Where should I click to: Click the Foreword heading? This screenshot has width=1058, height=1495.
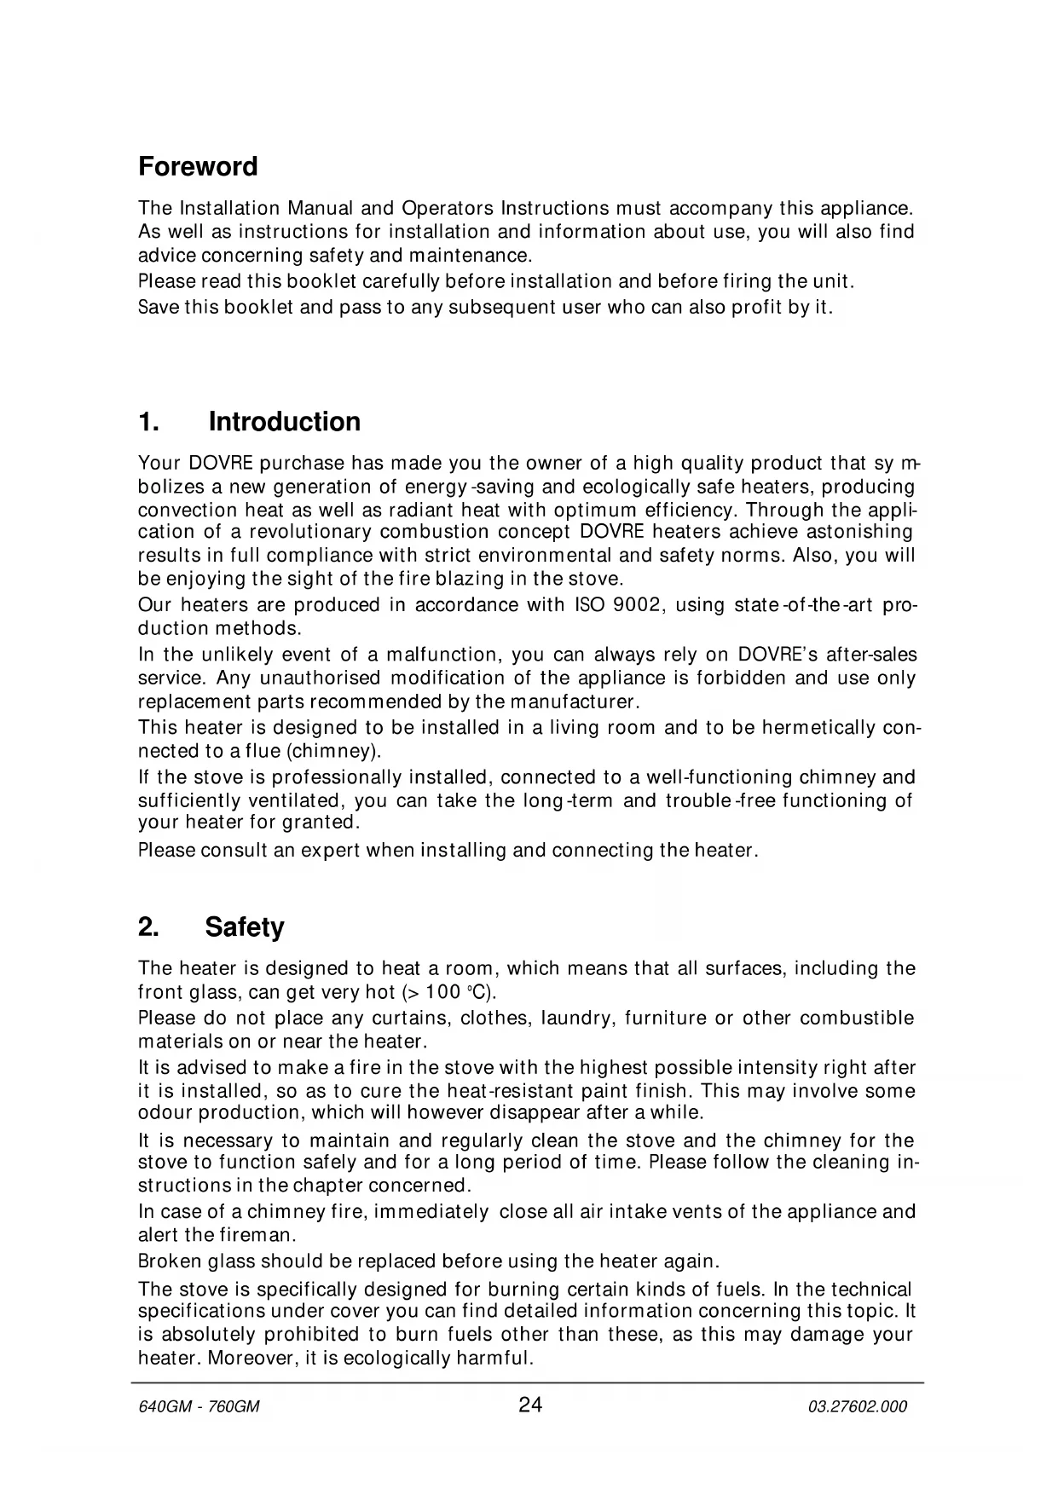point(198,166)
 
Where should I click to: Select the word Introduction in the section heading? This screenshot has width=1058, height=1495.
point(284,422)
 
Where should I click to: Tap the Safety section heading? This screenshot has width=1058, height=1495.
point(244,926)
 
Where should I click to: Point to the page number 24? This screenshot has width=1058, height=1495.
point(529,1406)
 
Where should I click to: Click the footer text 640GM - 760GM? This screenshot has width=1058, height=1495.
point(199,1407)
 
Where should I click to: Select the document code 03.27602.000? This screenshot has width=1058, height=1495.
point(858,1407)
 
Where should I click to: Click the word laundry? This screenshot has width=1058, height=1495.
point(576,1019)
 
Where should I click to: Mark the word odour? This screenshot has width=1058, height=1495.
point(161,1112)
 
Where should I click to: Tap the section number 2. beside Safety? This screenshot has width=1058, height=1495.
point(149,926)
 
